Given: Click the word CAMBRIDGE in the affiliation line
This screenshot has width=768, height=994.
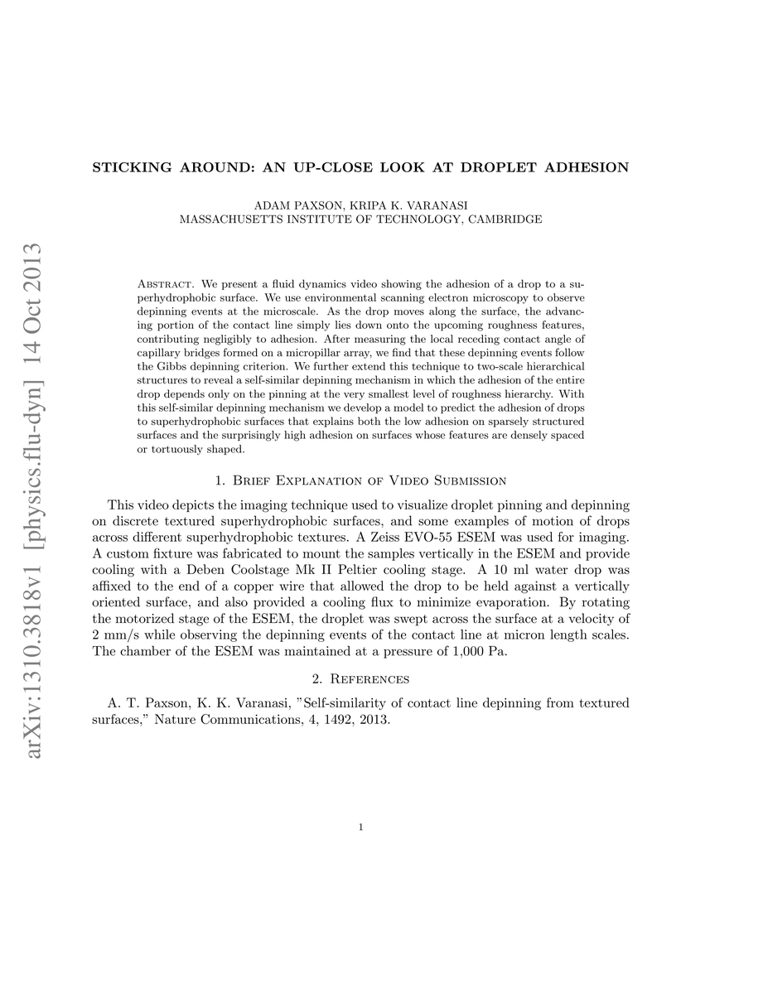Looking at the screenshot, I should coord(505,220).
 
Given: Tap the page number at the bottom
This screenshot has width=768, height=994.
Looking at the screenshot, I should coord(361,826).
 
